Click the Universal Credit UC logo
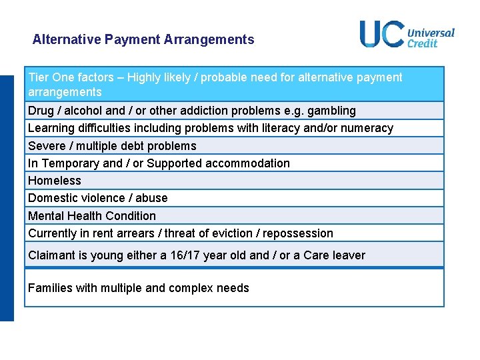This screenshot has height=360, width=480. (x=407, y=34)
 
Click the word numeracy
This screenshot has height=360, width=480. (x=369, y=128)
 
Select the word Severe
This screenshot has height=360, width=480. (x=46, y=146)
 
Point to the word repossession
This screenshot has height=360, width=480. (x=298, y=233)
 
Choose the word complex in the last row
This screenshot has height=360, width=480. (x=193, y=288)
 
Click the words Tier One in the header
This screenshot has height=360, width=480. (x=51, y=77)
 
